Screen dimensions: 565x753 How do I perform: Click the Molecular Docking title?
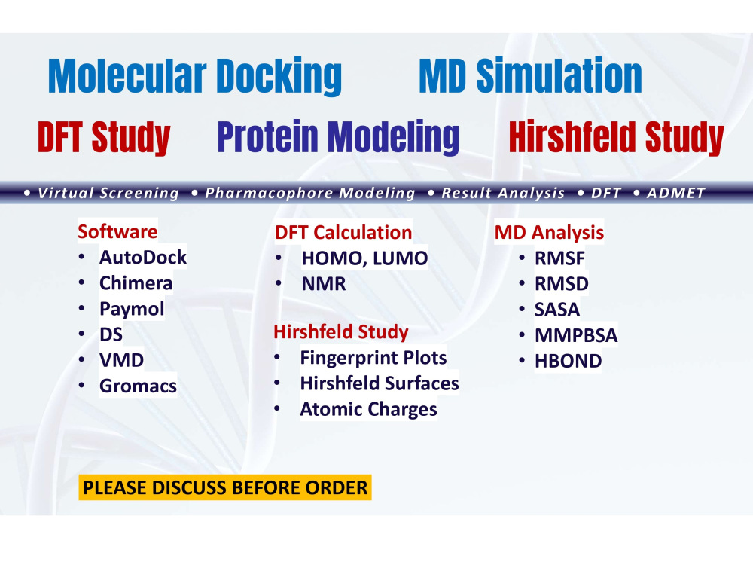194,77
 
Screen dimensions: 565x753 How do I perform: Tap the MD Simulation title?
530,77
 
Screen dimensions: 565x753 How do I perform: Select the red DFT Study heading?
104,138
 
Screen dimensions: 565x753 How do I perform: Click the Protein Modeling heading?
338,138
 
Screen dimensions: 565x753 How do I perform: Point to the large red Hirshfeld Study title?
616,138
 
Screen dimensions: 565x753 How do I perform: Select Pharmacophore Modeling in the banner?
309,193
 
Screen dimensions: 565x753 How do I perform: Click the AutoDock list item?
143,258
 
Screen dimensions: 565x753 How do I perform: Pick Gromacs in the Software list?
138,386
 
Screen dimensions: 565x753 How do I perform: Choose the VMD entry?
121,361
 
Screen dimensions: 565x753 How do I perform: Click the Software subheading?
117,231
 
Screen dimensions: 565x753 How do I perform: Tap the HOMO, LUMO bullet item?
364,259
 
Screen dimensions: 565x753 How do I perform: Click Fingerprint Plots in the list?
373,358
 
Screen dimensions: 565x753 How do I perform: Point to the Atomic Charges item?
368,410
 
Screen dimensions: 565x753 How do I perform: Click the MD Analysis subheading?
549,233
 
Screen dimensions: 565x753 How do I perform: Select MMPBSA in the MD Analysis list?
576,335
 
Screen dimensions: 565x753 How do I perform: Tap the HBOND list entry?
569,362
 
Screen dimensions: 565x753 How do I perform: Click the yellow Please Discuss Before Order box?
225,487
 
